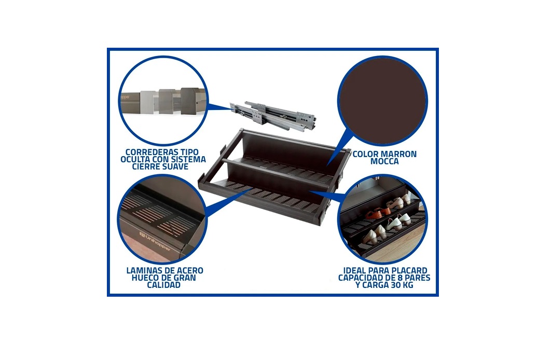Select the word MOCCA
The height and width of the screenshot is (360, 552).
pos(384,161)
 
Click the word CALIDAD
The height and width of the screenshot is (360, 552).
pos(164,285)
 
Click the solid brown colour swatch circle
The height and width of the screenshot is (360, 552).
pos(383,101)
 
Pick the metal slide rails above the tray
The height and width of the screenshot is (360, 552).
pos(272,114)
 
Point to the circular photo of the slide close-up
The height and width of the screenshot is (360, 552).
pos(163,101)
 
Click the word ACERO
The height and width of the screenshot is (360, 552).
pos(190,271)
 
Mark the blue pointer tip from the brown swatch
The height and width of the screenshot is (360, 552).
pos(327,165)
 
